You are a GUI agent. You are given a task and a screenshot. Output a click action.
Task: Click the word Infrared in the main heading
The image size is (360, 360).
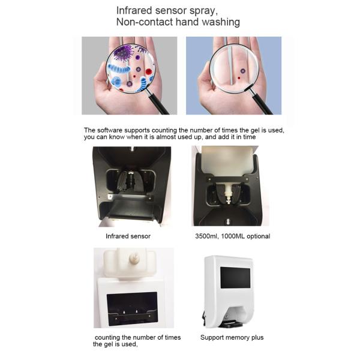134,11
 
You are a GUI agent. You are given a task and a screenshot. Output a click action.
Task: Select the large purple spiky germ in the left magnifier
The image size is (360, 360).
124,53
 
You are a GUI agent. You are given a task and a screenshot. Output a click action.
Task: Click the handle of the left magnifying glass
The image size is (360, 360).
158,102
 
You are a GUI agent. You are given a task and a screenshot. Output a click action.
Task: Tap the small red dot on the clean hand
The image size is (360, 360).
239,78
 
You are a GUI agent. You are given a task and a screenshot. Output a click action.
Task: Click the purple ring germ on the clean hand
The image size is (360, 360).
242,71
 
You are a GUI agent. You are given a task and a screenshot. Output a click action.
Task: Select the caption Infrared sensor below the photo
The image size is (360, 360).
128,236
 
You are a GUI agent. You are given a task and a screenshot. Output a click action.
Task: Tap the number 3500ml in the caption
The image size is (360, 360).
206,236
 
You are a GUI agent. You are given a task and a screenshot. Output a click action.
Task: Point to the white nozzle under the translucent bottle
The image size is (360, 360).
228,193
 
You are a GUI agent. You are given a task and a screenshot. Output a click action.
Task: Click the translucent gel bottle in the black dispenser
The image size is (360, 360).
227,161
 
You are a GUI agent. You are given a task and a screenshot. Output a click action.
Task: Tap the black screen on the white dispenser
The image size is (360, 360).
235,278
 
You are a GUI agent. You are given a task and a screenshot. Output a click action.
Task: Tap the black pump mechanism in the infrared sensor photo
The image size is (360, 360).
128,181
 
